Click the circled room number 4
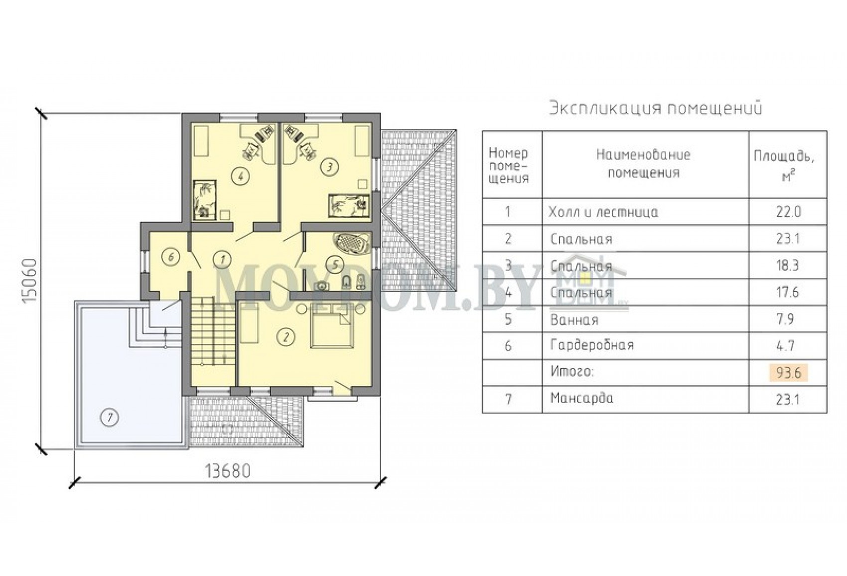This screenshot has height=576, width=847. click(241, 176)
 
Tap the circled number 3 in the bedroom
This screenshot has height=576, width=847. click(329, 167)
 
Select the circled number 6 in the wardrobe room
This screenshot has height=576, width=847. click(170, 258)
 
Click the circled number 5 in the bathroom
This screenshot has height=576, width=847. click(335, 264)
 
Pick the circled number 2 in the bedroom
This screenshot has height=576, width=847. click(286, 337)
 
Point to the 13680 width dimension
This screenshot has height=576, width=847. click(228, 472)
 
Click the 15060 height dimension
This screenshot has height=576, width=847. click(29, 281)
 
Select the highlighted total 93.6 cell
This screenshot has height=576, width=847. click(788, 373)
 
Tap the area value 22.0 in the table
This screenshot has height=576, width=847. click(788, 212)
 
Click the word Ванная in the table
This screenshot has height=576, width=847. click(574, 320)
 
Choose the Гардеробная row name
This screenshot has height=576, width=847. click(592, 346)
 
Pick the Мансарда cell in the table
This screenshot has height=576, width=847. click(581, 399)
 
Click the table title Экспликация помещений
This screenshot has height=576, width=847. click(656, 109)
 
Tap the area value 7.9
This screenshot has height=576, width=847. click(788, 319)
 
